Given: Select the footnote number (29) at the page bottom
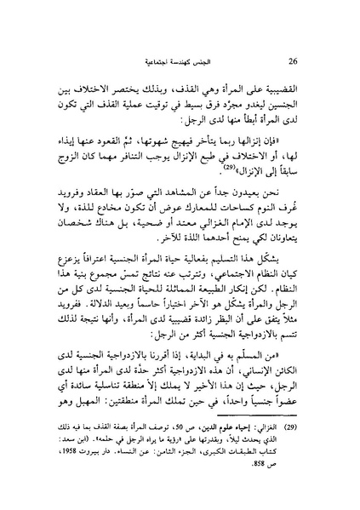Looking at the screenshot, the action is tap(300, 479).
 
